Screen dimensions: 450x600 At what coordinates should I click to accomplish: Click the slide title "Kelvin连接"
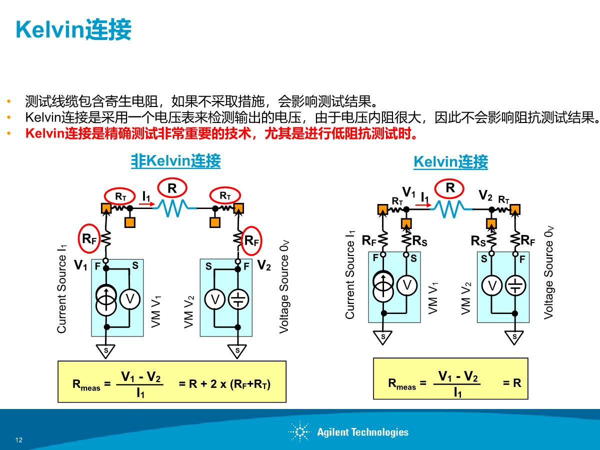74,30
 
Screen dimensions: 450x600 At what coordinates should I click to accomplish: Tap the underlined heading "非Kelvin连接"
175,161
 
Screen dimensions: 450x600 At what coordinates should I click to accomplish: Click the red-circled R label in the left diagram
172,188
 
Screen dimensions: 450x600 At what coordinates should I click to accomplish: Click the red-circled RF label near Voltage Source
251,240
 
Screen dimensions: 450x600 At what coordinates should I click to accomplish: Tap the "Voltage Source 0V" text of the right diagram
549,272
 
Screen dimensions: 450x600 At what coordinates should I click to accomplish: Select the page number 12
19,440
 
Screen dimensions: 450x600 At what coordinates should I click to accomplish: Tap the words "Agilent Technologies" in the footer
362,432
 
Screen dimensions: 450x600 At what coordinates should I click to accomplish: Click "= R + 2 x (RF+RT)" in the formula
224,384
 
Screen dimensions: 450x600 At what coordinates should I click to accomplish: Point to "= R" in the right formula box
511,383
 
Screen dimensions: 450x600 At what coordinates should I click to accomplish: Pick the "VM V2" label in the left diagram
189,312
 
